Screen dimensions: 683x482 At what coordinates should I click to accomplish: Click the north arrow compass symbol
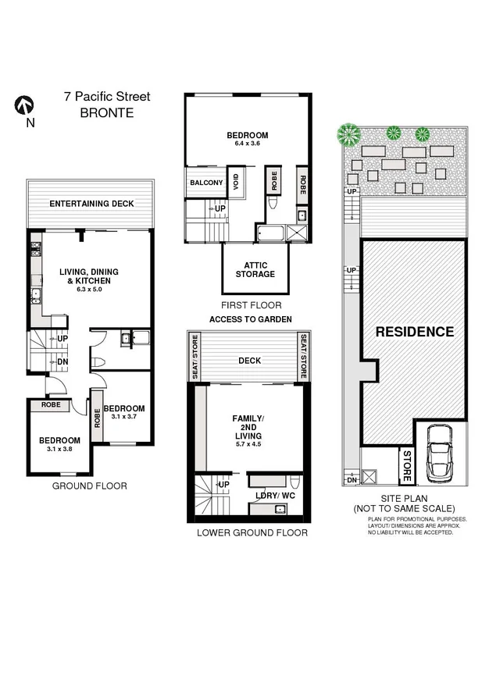coord(23,105)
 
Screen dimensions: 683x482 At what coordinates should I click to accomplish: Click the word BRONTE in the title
coord(107,112)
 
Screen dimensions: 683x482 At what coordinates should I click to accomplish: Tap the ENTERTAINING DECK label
coord(91,204)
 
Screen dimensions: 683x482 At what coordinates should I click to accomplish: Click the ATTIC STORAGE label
coord(255,269)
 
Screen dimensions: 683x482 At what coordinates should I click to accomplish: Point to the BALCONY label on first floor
coord(205,183)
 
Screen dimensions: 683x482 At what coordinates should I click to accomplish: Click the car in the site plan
coord(440,455)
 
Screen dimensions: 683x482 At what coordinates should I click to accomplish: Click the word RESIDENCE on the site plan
coord(414,332)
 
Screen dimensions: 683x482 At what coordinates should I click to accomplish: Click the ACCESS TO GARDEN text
coord(250,320)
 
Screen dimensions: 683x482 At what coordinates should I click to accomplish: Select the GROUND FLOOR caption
coord(89,486)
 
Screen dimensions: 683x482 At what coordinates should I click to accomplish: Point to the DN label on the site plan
coord(352,480)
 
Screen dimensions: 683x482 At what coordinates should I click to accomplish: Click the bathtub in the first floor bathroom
coord(273,233)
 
